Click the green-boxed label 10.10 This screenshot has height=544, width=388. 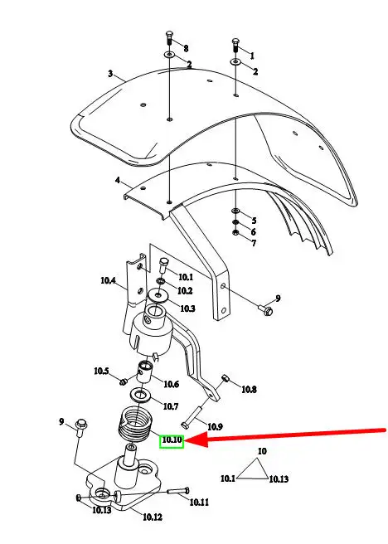pos(172,440)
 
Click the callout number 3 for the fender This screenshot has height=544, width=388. pos(110,74)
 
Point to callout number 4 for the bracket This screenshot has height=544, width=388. pos(118,181)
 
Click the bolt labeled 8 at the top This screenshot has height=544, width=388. pos(169,37)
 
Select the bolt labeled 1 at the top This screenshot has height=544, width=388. pos(235,46)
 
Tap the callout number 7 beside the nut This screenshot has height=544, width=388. pos(255,243)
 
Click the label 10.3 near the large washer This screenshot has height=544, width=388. pos(187,308)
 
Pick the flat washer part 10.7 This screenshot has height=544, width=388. pos(140,395)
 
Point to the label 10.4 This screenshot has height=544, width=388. pos(108,280)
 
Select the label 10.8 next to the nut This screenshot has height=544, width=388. pos(249,389)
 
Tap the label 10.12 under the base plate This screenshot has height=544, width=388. pos(153,517)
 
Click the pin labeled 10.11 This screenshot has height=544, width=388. pos(178,491)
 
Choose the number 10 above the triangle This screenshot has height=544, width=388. pos(262,451)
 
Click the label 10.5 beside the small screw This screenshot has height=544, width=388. pos(101,372)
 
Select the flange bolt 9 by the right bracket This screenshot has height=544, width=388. pos(265,309)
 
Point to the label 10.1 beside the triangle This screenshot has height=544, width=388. pos(228,478)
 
